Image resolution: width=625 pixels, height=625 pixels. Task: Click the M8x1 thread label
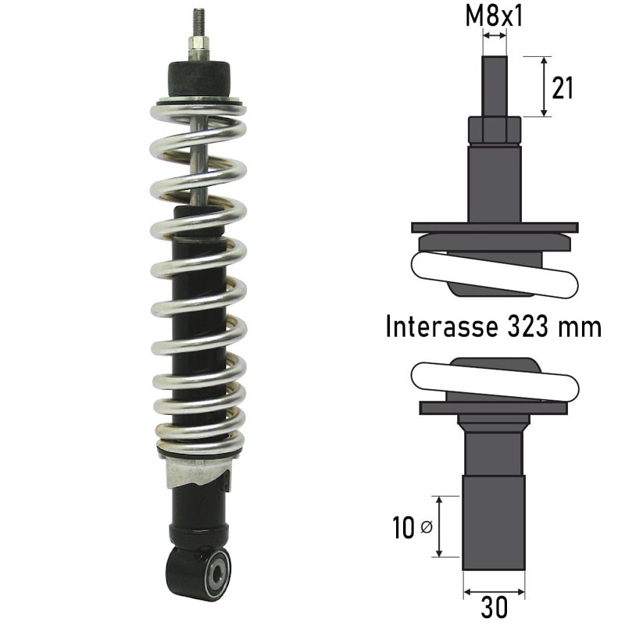click(x=494, y=16)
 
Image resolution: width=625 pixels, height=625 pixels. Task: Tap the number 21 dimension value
click(x=562, y=88)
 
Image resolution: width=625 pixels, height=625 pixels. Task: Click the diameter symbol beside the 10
click(x=426, y=529)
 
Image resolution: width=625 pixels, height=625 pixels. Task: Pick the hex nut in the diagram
click(x=494, y=130)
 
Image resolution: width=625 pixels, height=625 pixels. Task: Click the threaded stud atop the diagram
click(x=494, y=86)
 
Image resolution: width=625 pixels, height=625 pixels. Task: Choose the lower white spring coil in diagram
click(x=494, y=380)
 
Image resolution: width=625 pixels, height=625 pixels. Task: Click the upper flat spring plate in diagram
click(x=494, y=227)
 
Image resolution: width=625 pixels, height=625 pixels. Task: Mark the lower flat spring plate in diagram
click(x=494, y=407)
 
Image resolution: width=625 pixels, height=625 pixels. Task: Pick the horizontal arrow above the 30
click(x=494, y=592)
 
